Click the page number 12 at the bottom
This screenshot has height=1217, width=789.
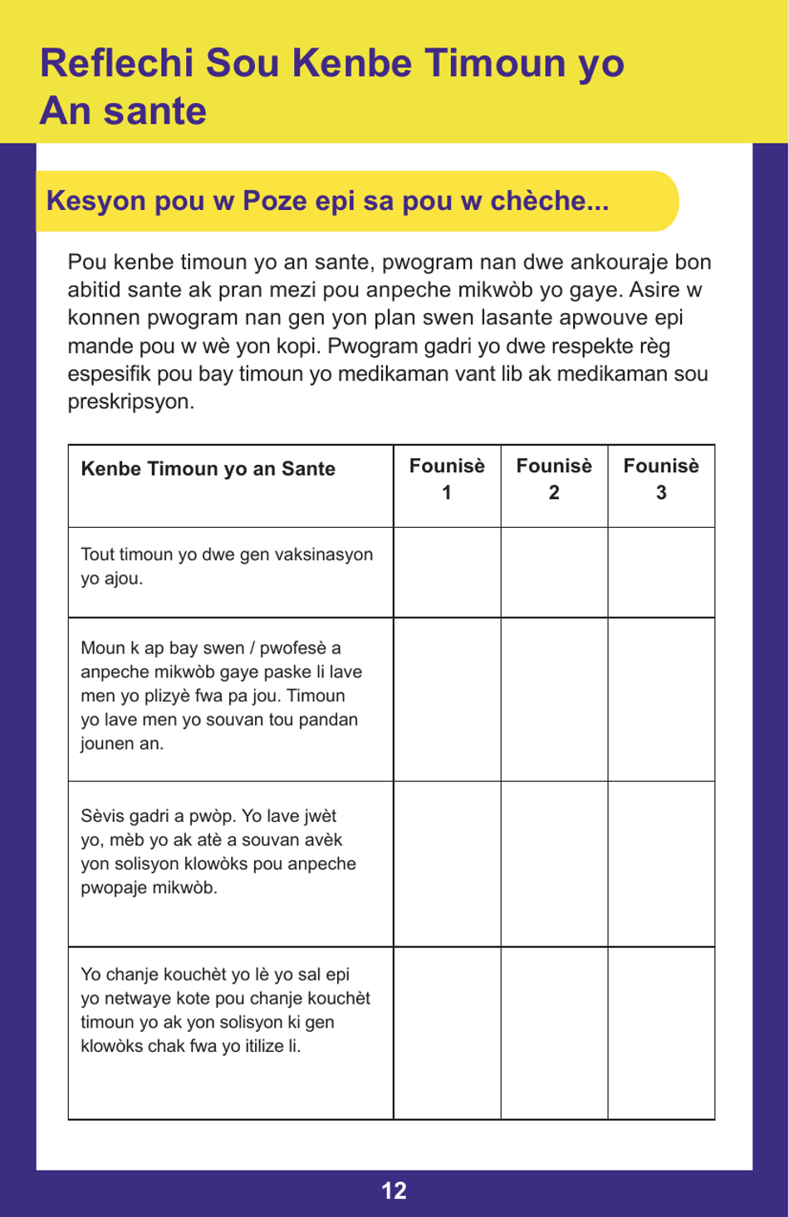tap(394, 1190)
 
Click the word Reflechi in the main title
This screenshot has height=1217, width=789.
tap(116, 63)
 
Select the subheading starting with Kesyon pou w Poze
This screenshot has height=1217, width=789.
tap(327, 201)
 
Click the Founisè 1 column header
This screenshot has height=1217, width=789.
tap(447, 479)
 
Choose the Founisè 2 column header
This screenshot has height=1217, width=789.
tap(554, 479)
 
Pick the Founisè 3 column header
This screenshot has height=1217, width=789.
tap(661, 479)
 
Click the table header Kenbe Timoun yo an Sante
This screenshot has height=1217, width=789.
tap(208, 469)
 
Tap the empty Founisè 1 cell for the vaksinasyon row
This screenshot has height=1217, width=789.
tap(447, 572)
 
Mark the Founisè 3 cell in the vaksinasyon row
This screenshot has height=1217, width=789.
tap(661, 572)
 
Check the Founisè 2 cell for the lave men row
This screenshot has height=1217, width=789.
tap(554, 699)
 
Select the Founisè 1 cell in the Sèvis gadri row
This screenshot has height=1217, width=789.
tap(447, 863)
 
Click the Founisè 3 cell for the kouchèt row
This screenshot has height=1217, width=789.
tap(661, 1033)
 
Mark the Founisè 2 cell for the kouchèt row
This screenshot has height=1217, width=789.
tap(554, 1033)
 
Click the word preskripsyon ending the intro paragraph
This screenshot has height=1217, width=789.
tap(130, 402)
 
